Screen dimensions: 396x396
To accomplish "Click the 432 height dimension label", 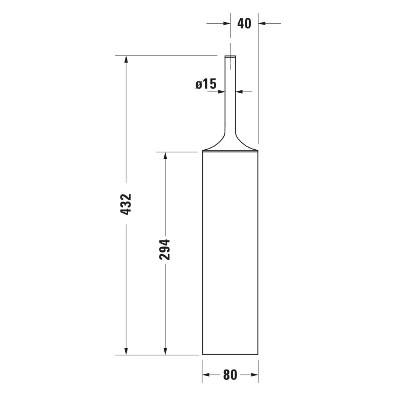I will pos(126,204).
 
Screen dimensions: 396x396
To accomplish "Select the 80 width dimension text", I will pos(230,375).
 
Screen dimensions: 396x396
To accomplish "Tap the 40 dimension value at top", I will pos(244,23).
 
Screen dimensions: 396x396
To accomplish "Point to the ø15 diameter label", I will pos(206,84).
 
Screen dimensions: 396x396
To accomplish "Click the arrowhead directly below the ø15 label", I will pos(221,92).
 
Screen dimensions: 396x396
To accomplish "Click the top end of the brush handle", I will pos(230,57).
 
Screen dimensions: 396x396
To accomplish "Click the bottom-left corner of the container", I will pos(203,354).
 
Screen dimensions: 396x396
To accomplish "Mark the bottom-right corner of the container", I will pos(258,354).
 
